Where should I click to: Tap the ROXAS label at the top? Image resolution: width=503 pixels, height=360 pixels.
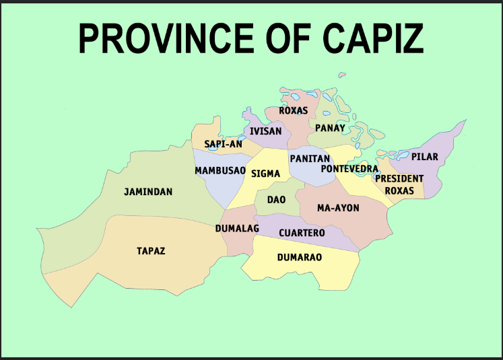click(293, 110)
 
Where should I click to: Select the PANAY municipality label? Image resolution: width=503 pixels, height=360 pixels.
click(330, 128)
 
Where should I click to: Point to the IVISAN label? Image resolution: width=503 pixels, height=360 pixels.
click(265, 131)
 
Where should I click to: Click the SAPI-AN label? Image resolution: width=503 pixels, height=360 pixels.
click(223, 144)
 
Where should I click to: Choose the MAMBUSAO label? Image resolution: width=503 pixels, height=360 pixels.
click(220, 171)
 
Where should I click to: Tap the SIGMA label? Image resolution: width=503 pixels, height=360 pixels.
click(265, 174)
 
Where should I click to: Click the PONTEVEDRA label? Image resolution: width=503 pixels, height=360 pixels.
click(349, 168)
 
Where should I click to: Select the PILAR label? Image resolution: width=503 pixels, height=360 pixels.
click(425, 157)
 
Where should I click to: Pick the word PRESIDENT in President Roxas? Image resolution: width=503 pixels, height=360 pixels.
click(399, 179)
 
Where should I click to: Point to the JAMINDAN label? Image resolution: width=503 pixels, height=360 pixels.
click(148, 192)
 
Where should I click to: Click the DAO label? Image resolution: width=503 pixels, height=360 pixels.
click(276, 200)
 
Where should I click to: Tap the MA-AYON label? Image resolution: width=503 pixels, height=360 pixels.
click(338, 208)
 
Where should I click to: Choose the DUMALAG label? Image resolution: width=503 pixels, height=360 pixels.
click(237, 229)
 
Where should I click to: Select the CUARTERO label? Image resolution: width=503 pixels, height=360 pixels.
click(302, 233)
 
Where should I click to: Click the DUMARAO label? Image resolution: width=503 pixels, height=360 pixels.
click(300, 257)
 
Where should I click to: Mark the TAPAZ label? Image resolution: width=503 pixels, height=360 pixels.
click(151, 251)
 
